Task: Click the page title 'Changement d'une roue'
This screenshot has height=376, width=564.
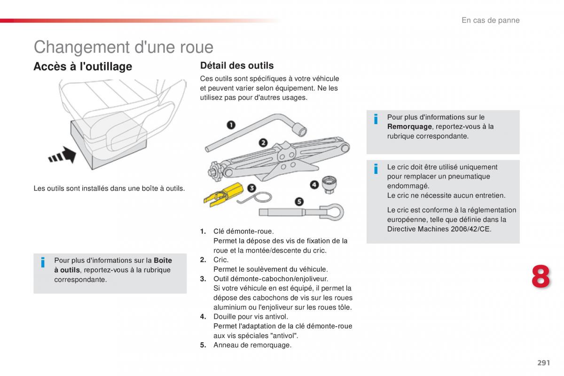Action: tap(123, 47)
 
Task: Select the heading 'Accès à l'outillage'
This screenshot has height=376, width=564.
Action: tap(83, 67)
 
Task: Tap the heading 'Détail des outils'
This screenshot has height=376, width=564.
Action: tap(237, 65)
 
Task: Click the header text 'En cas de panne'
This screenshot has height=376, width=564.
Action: tap(490, 20)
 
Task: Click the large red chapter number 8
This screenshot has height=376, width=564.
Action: tap(540, 276)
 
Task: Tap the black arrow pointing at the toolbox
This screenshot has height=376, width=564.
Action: tap(63, 155)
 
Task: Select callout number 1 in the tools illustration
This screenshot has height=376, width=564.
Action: tap(231, 125)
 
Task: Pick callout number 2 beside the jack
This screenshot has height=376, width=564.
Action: tap(263, 142)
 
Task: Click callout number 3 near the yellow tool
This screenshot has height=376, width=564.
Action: tap(251, 188)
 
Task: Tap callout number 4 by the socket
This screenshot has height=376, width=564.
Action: tap(314, 185)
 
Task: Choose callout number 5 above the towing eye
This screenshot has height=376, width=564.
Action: tap(298, 202)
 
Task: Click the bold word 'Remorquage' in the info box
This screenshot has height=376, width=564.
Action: tap(409, 126)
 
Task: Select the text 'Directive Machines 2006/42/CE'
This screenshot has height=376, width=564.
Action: tap(439, 229)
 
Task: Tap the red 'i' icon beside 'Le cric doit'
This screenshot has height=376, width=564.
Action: tap(376, 169)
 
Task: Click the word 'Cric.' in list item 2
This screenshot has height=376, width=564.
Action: tap(221, 259)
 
